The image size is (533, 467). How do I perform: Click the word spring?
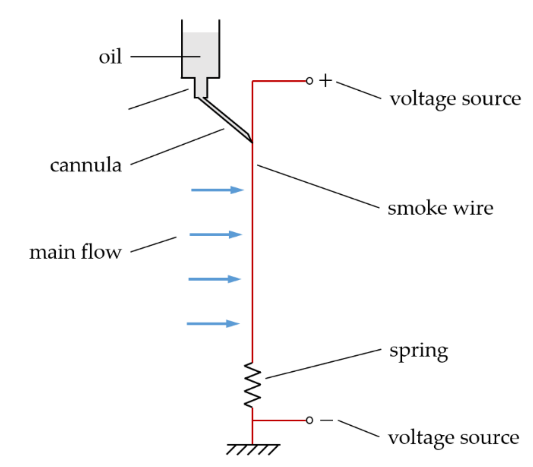tap(418, 352)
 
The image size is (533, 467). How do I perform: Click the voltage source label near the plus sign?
tap(455, 99)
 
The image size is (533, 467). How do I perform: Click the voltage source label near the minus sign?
tap(453, 438)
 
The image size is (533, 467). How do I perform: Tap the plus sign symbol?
tap(326, 81)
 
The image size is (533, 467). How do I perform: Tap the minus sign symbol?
tap(326, 420)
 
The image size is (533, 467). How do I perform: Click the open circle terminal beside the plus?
tap(309, 81)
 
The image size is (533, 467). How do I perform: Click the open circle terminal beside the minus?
tap(309, 420)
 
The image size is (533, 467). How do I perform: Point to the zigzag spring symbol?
tap(252, 385)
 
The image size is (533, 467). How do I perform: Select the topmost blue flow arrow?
tap(217, 190)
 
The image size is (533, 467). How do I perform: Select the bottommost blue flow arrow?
tap(213, 324)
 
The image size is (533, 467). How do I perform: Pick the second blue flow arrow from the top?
tap(215, 234)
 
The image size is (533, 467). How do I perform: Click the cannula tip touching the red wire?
tap(251, 141)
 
